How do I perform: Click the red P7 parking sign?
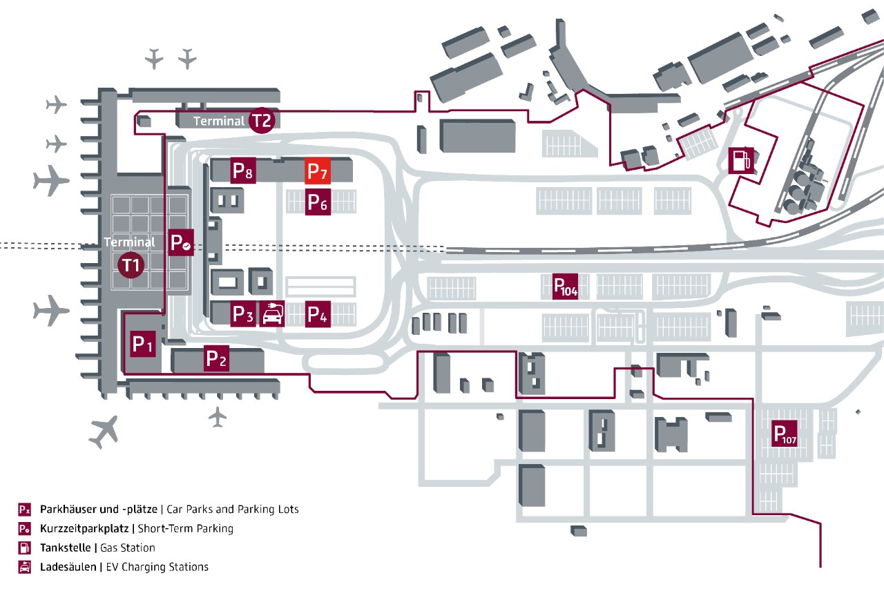[x=318, y=171]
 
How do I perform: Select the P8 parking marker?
[x=243, y=171]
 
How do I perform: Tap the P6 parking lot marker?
[x=318, y=202]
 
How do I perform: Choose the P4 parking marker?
[x=318, y=314]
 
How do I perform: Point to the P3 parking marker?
[x=243, y=314]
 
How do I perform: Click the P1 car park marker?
[x=142, y=343]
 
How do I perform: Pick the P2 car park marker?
[x=216, y=358]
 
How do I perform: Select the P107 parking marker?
[x=785, y=434]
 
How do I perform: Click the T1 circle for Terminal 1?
[x=131, y=264]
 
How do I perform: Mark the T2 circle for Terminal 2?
[x=262, y=120]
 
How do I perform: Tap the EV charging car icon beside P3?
[x=271, y=314]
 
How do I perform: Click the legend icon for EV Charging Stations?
[x=25, y=567]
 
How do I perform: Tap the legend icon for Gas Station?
[x=25, y=548]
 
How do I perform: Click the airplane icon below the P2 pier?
[x=218, y=416]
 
